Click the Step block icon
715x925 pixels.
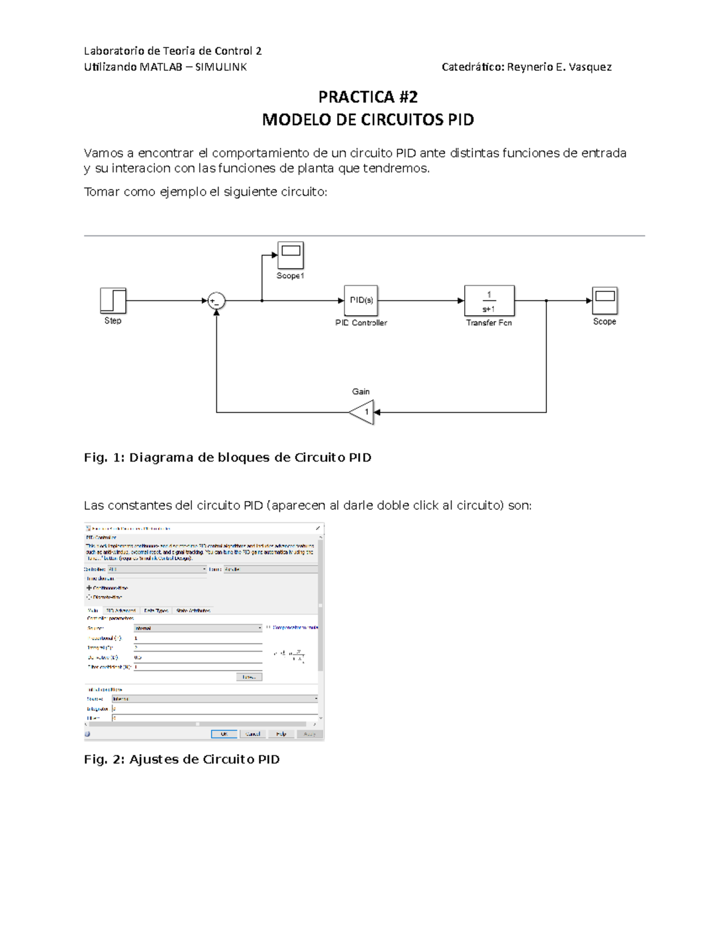click(113, 301)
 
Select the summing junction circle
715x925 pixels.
click(216, 301)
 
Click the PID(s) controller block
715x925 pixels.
click(361, 300)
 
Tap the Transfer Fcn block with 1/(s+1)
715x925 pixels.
click(489, 301)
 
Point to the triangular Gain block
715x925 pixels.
click(363, 412)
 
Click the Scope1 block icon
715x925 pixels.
click(291, 255)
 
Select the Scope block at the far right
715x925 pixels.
click(605, 301)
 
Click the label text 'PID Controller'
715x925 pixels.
click(361, 323)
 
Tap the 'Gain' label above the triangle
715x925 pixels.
click(360, 391)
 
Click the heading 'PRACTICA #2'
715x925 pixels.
click(368, 96)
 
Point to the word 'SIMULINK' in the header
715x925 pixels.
click(221, 67)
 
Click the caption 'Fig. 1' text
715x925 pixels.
click(104, 457)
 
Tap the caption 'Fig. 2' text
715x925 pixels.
click(104, 759)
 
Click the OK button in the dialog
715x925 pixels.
click(224, 734)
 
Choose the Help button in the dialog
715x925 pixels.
click(281, 734)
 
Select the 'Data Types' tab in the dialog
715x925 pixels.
click(156, 611)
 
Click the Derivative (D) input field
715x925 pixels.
click(198, 658)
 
